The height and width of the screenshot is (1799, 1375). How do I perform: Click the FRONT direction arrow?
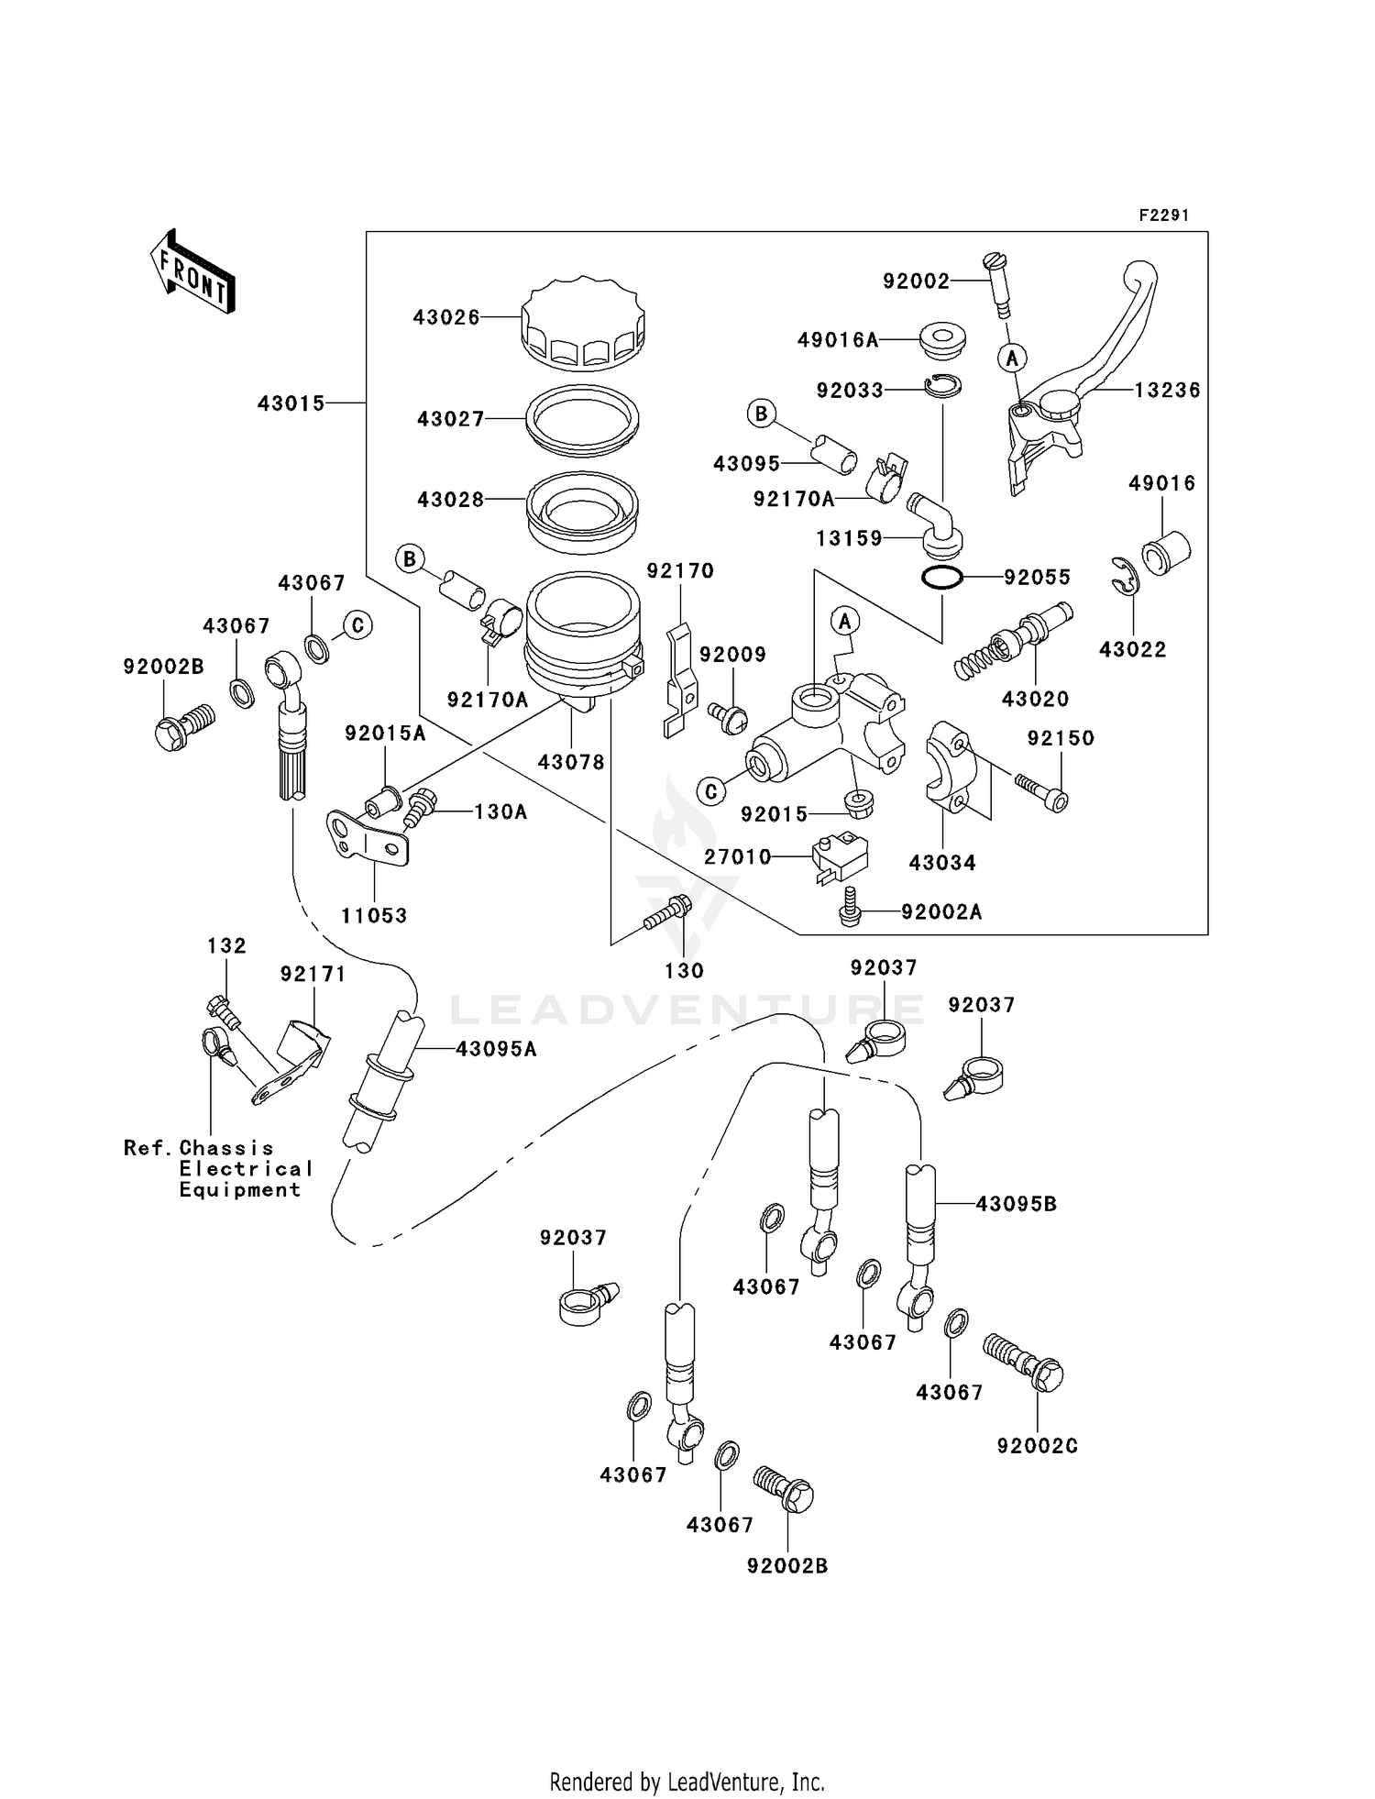[192, 272]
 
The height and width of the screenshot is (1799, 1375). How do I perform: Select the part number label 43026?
[446, 317]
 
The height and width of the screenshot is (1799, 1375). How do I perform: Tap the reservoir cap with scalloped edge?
[583, 322]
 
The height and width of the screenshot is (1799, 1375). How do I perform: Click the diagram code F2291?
[1164, 215]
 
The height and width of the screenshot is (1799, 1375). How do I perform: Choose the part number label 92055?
[1038, 578]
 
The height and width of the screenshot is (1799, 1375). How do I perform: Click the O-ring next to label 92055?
[941, 579]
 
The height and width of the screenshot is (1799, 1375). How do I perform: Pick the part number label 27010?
[738, 856]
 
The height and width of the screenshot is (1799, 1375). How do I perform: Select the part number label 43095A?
[496, 1049]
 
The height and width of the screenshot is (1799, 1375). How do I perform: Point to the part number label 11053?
[374, 915]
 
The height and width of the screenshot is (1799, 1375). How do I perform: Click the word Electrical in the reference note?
[246, 1169]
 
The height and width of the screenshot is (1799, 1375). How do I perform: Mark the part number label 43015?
[291, 403]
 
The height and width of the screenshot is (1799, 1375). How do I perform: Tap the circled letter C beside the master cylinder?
[711, 791]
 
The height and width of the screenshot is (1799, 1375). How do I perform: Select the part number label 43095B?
[1016, 1203]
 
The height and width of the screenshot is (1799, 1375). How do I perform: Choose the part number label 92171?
[313, 974]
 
